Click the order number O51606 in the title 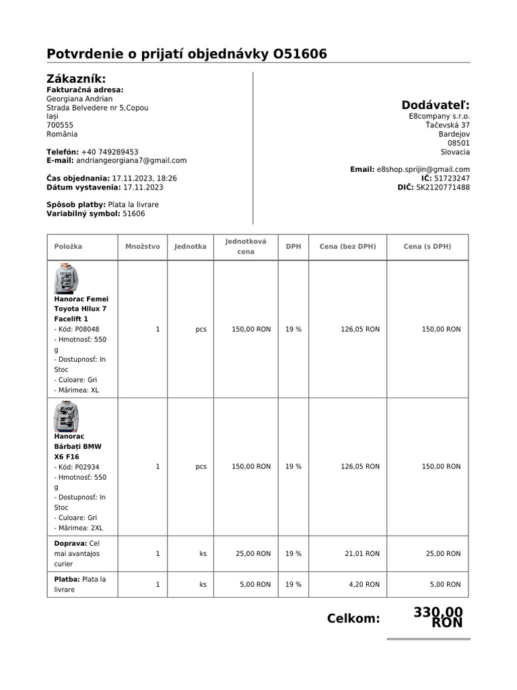(300, 54)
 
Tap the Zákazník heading (76, 79)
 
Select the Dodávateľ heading (436, 104)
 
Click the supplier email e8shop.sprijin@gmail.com (423, 169)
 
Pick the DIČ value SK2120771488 (442, 187)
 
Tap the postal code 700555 (60, 125)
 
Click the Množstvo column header (143, 247)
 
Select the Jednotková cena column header (246, 246)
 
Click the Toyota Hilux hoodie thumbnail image (66, 278)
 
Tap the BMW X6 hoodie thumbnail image (66, 416)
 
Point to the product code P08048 (87, 329)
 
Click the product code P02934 (87, 466)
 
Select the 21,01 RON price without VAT (364, 553)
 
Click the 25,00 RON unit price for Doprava (253, 553)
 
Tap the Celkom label (353, 619)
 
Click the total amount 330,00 (438, 612)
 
